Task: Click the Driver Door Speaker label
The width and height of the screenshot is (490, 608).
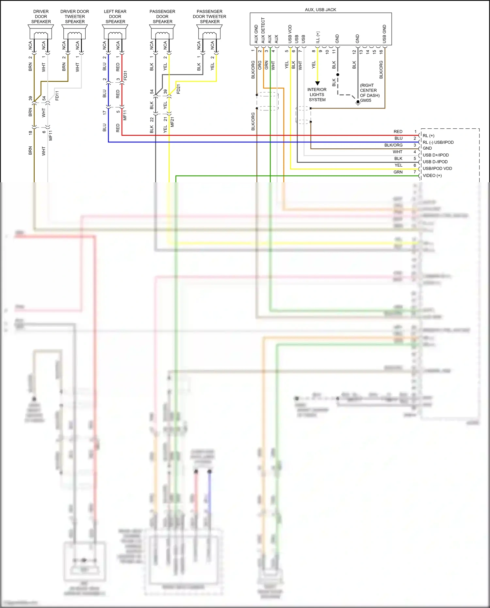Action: click(41, 16)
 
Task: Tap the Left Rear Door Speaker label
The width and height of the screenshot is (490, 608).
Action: click(115, 16)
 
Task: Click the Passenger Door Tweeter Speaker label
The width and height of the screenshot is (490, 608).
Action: click(209, 16)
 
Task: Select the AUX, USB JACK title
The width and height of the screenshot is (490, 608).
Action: click(320, 9)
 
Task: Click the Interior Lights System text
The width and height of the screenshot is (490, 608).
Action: click(317, 94)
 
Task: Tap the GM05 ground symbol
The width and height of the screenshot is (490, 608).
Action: click(358, 102)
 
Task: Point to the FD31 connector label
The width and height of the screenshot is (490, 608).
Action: click(125, 75)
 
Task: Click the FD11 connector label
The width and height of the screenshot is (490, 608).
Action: click(57, 96)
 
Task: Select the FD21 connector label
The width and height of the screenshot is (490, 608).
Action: click(178, 89)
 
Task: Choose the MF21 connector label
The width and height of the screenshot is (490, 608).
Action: click(172, 122)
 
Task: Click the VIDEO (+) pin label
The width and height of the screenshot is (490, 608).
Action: click(432, 175)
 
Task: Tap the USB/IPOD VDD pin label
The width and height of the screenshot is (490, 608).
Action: click(437, 169)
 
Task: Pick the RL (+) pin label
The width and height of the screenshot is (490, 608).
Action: click(428, 136)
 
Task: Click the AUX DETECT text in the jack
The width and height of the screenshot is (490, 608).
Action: click(263, 30)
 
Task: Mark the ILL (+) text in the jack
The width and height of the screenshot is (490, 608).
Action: click(318, 37)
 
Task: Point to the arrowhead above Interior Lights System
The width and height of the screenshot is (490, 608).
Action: click(317, 83)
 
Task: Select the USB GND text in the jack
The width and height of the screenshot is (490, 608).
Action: click(384, 34)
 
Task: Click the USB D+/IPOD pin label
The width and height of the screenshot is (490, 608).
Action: click(435, 155)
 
